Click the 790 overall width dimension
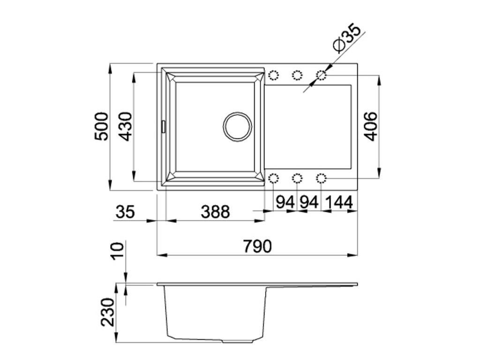coord(257,246)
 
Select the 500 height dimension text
coord(101,127)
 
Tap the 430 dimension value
coord(126,127)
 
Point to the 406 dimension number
coord(371,127)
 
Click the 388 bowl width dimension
coord(215,211)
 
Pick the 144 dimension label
coord(339,202)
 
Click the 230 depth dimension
coord(108,312)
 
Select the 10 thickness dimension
coord(118,251)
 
